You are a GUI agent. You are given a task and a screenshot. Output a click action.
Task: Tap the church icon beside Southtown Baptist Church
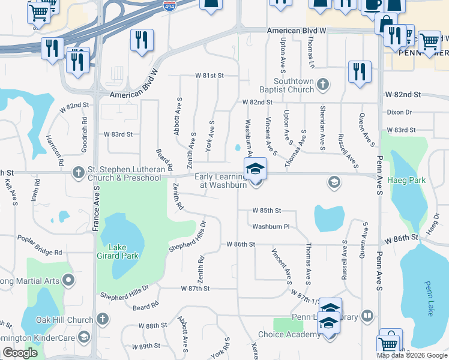coord(323,85)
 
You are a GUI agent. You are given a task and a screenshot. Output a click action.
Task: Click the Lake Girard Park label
coord(124,251)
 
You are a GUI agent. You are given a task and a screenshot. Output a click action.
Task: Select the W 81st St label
coord(209,76)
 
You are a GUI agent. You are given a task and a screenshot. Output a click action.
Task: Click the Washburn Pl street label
coord(271,227)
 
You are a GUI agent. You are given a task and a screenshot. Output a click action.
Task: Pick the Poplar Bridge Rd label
coord(40,253)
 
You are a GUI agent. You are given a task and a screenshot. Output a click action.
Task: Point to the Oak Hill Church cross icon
coord(103,319)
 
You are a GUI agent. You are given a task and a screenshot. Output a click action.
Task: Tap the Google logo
coord(20,353)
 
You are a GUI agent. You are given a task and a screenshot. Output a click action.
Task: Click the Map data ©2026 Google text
coord(412,355)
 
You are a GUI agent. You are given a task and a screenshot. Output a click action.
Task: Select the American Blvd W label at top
coord(298,31)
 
